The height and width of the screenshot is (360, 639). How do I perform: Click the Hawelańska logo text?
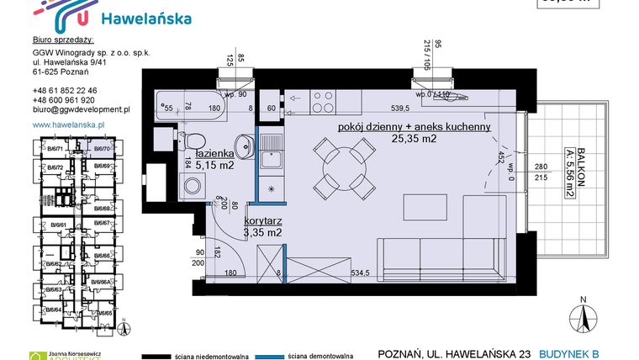[145, 19]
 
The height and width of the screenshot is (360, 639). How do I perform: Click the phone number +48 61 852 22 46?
[64, 90]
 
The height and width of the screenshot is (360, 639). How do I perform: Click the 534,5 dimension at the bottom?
[383, 273]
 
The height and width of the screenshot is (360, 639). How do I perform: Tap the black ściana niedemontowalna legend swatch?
[159, 354]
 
